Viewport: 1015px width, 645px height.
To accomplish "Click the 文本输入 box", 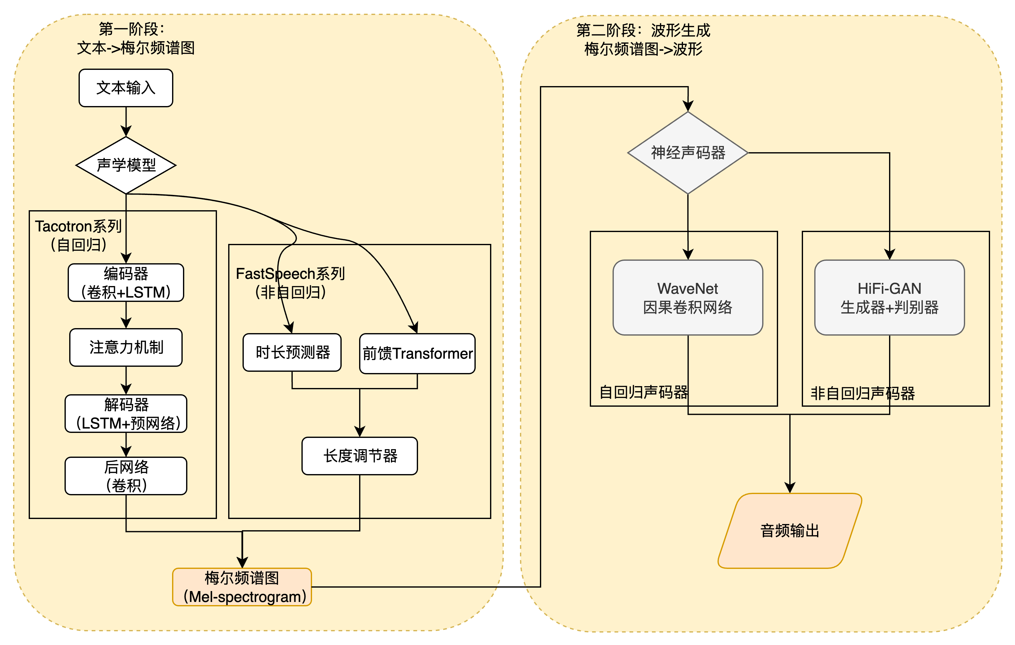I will [x=126, y=88].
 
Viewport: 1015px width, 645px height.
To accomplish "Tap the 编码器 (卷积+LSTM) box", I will [x=126, y=283].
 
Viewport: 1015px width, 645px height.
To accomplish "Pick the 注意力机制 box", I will [x=126, y=347].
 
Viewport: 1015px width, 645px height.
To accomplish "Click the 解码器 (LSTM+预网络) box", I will [x=126, y=413].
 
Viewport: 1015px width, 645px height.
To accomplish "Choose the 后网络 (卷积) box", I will [x=126, y=476].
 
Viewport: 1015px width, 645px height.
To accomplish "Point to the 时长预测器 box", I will [x=292, y=352].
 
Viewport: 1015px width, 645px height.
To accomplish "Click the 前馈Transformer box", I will [x=417, y=353].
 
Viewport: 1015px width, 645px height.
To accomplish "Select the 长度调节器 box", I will [x=359, y=456].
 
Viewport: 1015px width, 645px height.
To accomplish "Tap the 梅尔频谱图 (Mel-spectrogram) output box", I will [x=242, y=587].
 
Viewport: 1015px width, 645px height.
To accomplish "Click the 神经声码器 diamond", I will [x=688, y=153].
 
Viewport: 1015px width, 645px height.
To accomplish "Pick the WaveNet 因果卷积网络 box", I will [x=688, y=298].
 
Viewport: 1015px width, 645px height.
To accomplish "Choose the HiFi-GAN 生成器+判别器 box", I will [x=889, y=298].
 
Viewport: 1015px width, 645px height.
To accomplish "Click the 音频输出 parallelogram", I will [x=790, y=531].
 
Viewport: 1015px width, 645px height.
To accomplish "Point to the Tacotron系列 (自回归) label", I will [x=79, y=235].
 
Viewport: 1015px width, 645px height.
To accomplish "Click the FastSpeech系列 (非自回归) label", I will [x=290, y=283].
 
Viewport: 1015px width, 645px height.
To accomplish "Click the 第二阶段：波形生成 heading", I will [x=643, y=30].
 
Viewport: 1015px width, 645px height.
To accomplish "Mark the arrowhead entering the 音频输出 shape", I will [x=790, y=488].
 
